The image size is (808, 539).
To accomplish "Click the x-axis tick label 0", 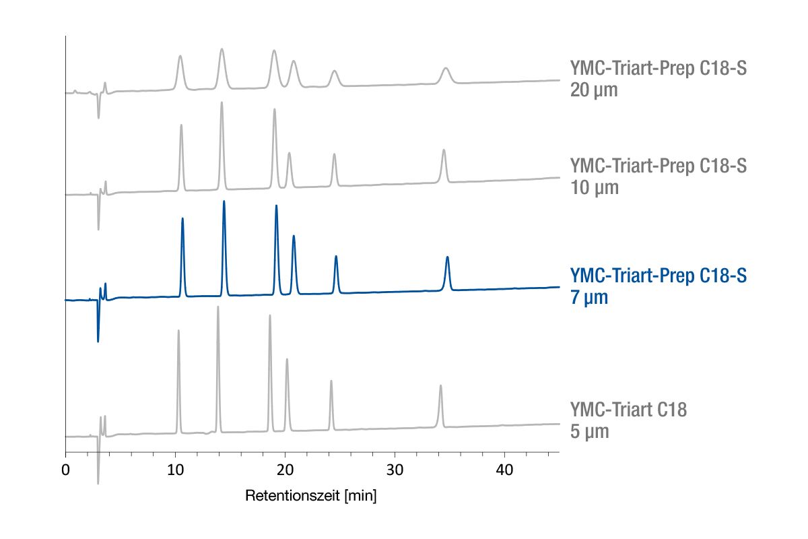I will click(x=65, y=470).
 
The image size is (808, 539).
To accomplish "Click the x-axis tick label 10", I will click(x=175, y=470).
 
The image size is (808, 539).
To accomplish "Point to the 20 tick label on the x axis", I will click(x=285, y=470).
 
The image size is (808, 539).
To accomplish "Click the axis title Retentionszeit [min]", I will click(x=310, y=497).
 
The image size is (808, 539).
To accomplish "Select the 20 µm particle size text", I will click(x=594, y=90).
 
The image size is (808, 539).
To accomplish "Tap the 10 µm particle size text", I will click(x=594, y=187).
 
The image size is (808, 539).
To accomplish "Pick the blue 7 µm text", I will click(x=589, y=297).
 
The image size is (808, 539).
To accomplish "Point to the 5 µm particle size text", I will click(x=589, y=431).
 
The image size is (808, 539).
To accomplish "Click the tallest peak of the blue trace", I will click(x=224, y=202).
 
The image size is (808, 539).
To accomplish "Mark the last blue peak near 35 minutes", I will click(x=447, y=258).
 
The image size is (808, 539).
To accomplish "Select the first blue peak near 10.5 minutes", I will click(x=182, y=220).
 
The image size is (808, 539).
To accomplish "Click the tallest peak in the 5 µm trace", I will click(x=217, y=307).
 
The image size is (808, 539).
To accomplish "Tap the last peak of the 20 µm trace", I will click(x=446, y=69).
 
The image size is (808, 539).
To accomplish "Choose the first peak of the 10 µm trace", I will click(x=181, y=126).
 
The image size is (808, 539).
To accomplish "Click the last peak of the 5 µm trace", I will click(x=440, y=386).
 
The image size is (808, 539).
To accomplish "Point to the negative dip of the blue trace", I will click(x=98, y=340).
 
